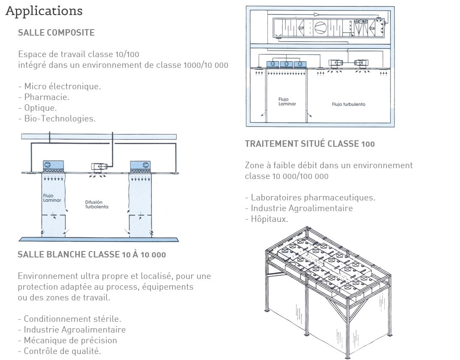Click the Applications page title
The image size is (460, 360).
pos(44,11)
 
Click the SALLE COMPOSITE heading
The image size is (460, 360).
pos(56,33)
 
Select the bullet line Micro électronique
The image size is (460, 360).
pos(60,86)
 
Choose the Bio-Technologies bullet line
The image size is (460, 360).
pos(57,118)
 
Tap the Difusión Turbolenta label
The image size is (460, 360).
pos(97,204)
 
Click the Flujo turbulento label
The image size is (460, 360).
pos(348,104)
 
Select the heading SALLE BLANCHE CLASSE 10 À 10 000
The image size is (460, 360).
pos(91,254)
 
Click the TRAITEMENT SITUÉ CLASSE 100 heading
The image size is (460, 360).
pos(309,144)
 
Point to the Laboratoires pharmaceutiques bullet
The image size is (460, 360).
pos(310,197)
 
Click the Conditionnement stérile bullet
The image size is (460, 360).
pos(70,319)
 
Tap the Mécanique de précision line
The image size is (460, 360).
pos(68,340)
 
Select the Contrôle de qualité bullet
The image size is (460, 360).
pos(60,351)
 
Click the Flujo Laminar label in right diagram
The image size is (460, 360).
pos(287,102)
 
